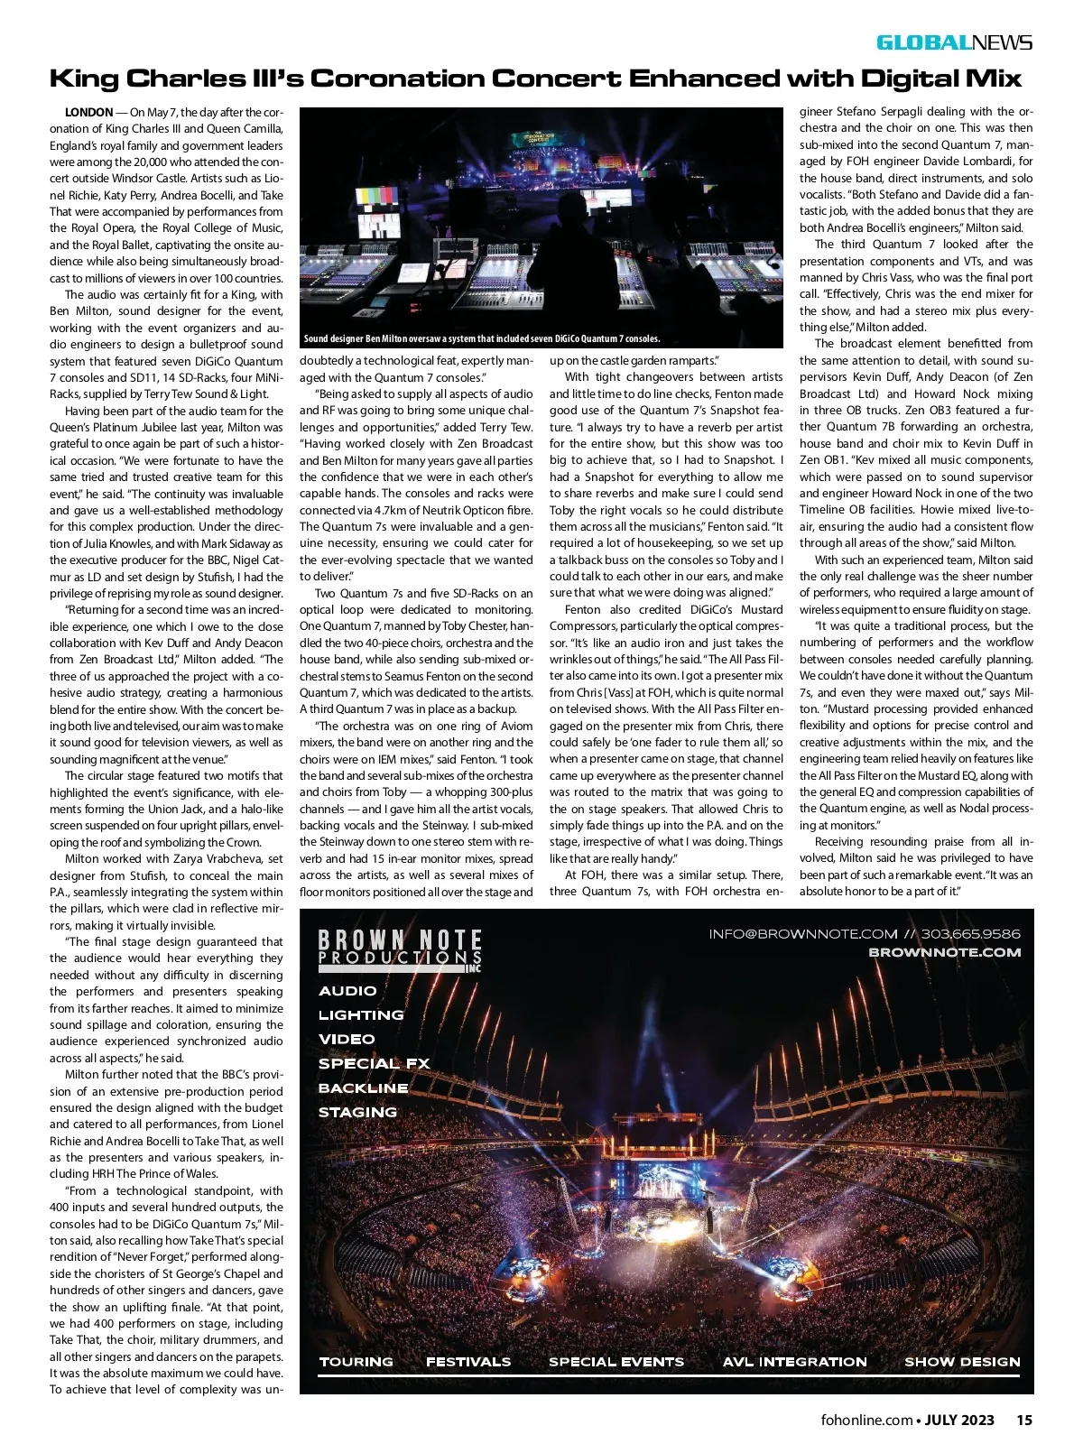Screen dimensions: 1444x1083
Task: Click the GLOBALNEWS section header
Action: coord(954,42)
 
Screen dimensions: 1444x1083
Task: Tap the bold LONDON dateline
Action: coord(88,113)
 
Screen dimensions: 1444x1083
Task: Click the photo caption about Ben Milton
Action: coord(482,339)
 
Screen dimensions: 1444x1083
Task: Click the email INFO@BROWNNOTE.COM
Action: coord(803,934)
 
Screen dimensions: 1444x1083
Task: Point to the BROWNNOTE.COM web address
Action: coord(944,952)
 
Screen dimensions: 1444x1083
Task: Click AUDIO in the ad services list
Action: coord(347,991)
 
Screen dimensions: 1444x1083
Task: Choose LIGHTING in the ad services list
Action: coord(361,1015)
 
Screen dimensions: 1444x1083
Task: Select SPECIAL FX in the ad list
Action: coord(374,1064)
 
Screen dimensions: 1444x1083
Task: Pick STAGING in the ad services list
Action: coord(357,1113)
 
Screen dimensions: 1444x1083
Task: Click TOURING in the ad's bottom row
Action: coord(356,1362)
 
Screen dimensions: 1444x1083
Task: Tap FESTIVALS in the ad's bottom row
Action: coord(468,1362)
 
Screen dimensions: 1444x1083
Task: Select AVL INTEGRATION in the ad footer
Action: coord(794,1362)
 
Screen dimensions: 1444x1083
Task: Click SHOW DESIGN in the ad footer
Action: coord(962,1362)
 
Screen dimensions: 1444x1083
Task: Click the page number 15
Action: coord(1024,1420)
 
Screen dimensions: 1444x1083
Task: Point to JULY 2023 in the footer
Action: coord(959,1420)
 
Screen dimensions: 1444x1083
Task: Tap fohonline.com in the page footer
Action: coord(866,1420)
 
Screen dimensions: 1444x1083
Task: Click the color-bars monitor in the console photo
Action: coord(381,198)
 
